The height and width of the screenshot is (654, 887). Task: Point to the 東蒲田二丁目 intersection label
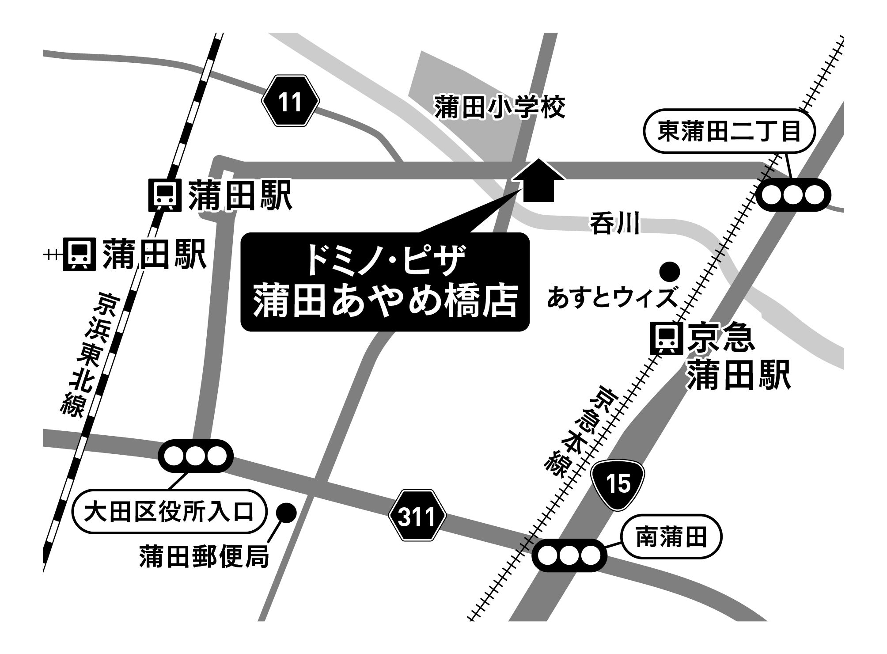click(x=729, y=132)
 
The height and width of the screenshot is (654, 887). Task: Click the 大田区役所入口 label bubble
click(x=170, y=512)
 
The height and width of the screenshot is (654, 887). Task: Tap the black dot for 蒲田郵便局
click(x=286, y=513)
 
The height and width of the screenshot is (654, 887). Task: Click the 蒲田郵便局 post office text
click(x=204, y=556)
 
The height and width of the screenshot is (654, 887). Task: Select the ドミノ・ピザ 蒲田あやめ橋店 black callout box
click(x=384, y=282)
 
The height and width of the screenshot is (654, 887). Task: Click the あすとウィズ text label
click(x=612, y=297)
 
